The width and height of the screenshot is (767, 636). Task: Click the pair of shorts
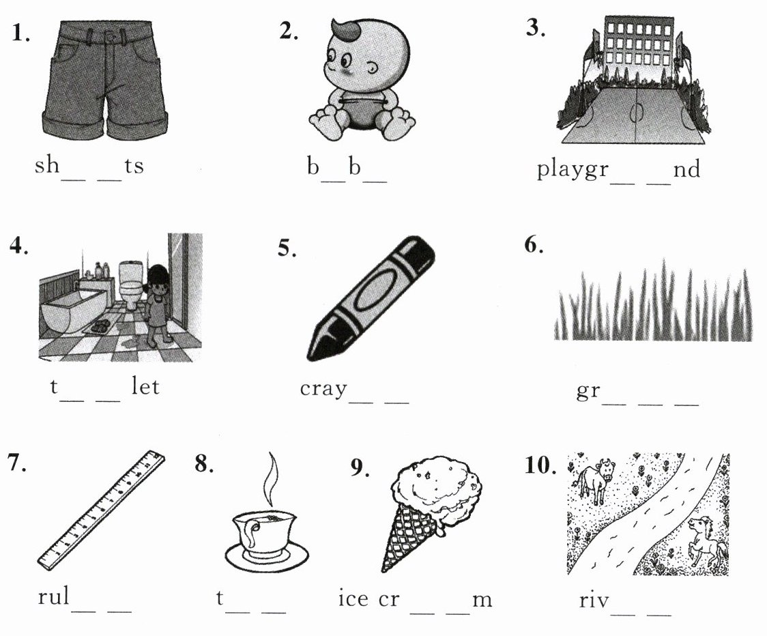point(105,81)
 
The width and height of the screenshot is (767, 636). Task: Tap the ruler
point(101,510)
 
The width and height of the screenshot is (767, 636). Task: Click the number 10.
point(540,465)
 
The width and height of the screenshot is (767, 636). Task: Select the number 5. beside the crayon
point(287,248)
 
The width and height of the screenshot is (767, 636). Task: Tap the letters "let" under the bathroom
point(145,386)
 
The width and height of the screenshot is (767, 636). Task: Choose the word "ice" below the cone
point(353,599)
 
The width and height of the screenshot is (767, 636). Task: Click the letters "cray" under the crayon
point(324,390)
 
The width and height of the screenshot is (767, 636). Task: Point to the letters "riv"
point(594,600)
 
